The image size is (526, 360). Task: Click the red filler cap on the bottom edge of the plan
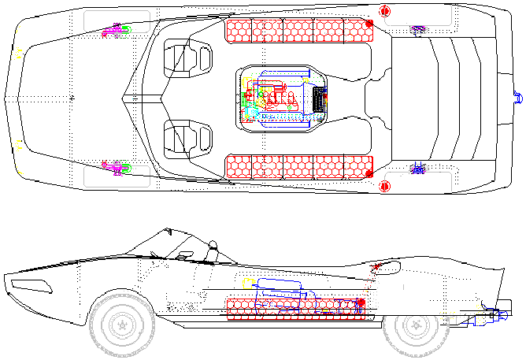click(x=385, y=186)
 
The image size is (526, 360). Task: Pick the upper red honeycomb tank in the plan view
click(x=298, y=31)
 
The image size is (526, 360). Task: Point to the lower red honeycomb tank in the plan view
click(x=298, y=166)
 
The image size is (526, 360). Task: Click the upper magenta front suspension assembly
click(x=117, y=31)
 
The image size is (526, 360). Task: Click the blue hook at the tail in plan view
click(x=517, y=97)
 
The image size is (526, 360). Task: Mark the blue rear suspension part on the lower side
click(x=417, y=168)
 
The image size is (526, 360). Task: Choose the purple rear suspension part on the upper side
click(x=417, y=31)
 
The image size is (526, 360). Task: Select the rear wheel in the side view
click(x=413, y=326)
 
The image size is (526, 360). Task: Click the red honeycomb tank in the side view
click(x=295, y=308)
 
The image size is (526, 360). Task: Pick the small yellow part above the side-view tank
click(x=247, y=281)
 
